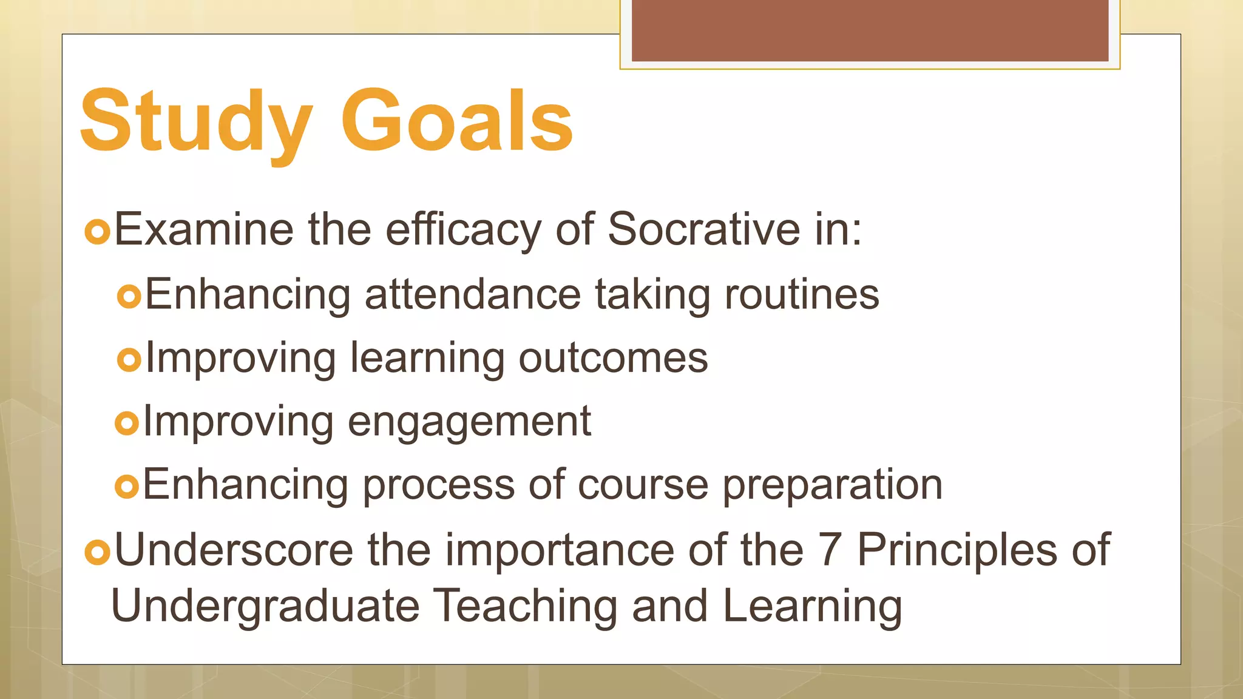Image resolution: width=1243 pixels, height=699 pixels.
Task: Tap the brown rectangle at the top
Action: [x=870, y=30]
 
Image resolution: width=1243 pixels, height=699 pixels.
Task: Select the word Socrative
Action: [x=703, y=229]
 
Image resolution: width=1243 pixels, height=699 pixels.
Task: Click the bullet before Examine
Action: [x=97, y=232]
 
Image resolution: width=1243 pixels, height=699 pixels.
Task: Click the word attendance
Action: [x=473, y=294]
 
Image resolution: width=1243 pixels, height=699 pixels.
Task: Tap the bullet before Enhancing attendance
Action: [x=129, y=297]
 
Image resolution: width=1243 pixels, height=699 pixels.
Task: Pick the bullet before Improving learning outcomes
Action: [x=129, y=360]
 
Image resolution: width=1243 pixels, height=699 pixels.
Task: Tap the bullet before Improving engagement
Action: [x=127, y=423]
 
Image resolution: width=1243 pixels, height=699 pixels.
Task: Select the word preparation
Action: [x=832, y=485]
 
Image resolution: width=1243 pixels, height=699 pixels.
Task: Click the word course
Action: [x=643, y=485]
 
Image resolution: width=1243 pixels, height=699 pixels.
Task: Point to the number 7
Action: [x=830, y=549]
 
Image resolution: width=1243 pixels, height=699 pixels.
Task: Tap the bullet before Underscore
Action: [x=97, y=552]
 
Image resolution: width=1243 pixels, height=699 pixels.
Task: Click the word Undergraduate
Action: [x=265, y=606]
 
